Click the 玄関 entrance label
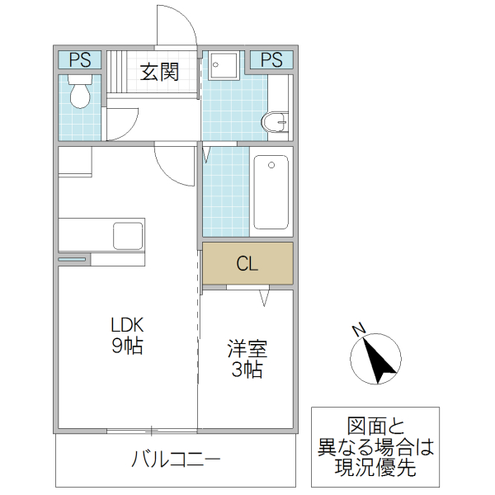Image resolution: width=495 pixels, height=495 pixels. tap(159, 72)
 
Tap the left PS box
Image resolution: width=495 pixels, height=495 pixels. tap(80, 59)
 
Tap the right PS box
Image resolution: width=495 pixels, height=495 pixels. tap(271, 59)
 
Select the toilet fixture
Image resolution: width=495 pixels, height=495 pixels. tap(80, 94)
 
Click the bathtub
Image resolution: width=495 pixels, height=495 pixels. tap(271, 191)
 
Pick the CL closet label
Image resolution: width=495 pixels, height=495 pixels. tap(247, 264)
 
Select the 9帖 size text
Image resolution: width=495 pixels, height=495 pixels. tap(128, 346)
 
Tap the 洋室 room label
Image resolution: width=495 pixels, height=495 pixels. tap(247, 349)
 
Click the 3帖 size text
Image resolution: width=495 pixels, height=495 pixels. tap(247, 370)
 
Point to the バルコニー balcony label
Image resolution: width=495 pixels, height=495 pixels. tap(176, 459)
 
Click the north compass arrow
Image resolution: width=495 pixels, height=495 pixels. tap(376, 360)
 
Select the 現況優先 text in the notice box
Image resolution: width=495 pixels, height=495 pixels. tap(375, 469)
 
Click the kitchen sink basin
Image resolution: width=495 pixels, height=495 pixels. tap(128, 234)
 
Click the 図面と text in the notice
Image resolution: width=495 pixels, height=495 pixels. tap(375, 427)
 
